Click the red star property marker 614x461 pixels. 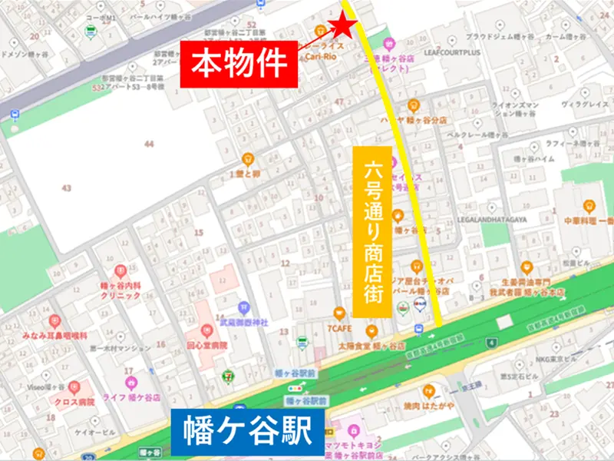343,28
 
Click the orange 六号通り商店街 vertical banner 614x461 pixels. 367,230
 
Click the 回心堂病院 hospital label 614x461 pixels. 208,346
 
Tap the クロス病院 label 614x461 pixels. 74,401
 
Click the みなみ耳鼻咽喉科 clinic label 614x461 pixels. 59,336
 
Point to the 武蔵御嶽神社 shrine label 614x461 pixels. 243,323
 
